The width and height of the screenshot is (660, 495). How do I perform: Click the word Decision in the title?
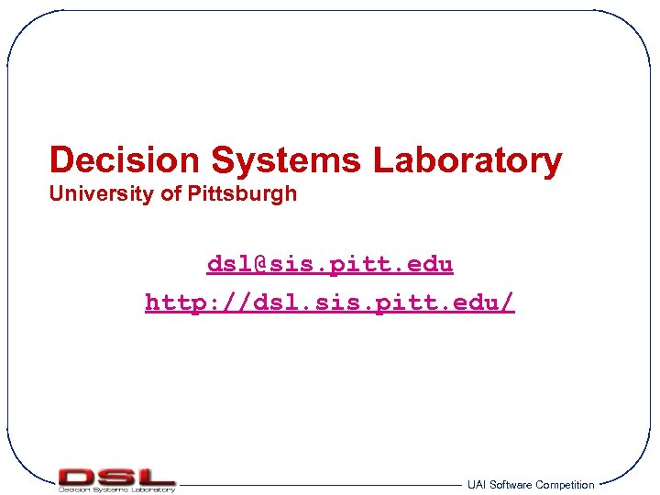[x=124, y=160]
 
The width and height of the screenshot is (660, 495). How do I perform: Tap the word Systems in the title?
[x=287, y=161]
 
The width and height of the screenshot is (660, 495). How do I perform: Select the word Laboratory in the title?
[x=467, y=161]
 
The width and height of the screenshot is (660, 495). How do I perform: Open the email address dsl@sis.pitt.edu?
[x=330, y=265]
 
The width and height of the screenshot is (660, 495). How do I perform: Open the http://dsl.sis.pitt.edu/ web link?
[x=330, y=302]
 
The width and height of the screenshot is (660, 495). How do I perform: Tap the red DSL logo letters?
[x=116, y=476]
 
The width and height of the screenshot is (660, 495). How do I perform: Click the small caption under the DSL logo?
[x=116, y=489]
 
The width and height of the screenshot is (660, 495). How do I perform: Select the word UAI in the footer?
[x=477, y=485]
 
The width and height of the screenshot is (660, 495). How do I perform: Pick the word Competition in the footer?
[x=565, y=485]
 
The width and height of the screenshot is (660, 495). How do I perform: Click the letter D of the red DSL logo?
[x=77, y=476]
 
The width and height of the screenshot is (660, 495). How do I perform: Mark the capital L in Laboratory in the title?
[x=382, y=161]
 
